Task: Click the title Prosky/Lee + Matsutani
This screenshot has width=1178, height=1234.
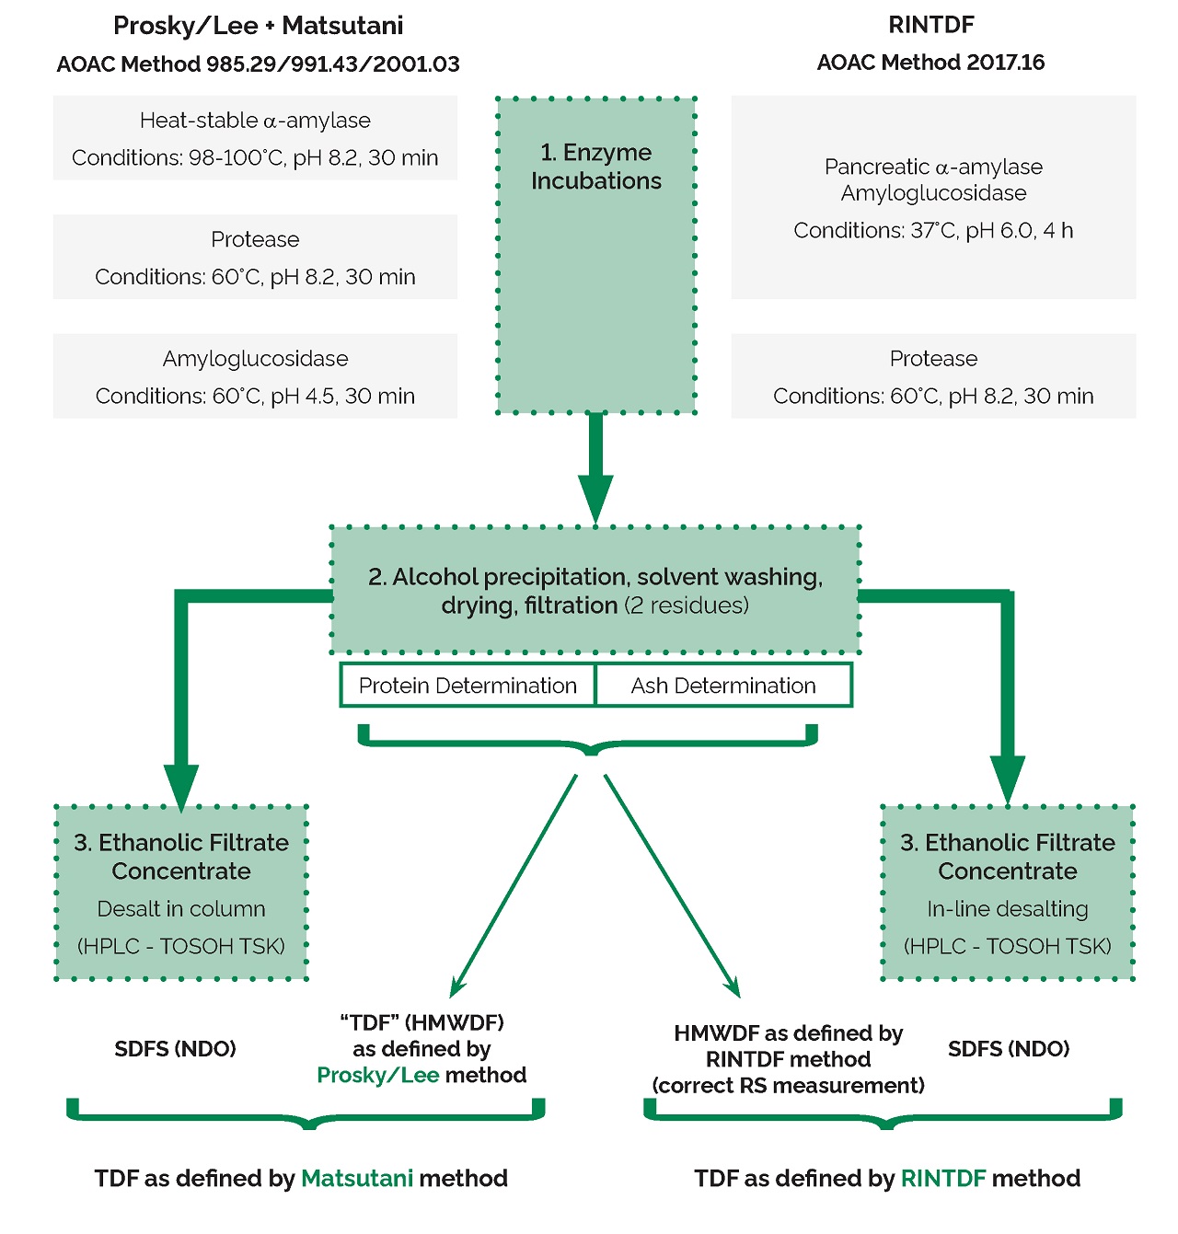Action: click(x=258, y=26)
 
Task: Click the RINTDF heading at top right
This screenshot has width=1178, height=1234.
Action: click(x=931, y=25)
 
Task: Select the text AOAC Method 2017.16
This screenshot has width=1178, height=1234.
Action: click(x=930, y=63)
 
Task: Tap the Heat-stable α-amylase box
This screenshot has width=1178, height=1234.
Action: click(x=255, y=138)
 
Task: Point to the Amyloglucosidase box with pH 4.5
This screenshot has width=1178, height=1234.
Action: click(x=255, y=376)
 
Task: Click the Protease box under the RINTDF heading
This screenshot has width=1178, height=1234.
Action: click(x=933, y=376)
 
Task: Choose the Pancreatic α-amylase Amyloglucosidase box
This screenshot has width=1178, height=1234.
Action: click(x=933, y=197)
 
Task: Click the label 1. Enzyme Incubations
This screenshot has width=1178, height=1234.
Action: click(x=596, y=167)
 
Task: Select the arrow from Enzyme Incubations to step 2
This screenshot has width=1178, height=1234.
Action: click(x=595, y=468)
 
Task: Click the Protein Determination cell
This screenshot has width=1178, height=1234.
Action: click(x=468, y=686)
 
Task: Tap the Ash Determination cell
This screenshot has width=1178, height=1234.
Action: click(x=723, y=686)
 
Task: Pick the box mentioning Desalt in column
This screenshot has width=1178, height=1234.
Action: click(x=181, y=892)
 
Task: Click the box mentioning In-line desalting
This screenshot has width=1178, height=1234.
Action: click(x=1008, y=892)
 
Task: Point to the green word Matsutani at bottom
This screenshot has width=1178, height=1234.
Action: click(x=357, y=1178)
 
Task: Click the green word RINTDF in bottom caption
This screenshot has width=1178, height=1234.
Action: click(x=943, y=1178)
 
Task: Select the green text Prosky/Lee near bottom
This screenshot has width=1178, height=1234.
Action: click(x=377, y=1075)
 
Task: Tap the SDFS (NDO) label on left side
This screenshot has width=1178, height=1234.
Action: click(x=175, y=1049)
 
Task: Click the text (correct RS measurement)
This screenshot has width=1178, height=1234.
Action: click(x=788, y=1085)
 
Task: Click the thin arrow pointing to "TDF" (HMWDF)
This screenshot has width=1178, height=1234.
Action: click(x=514, y=885)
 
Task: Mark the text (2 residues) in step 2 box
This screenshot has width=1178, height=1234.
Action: click(x=687, y=605)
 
